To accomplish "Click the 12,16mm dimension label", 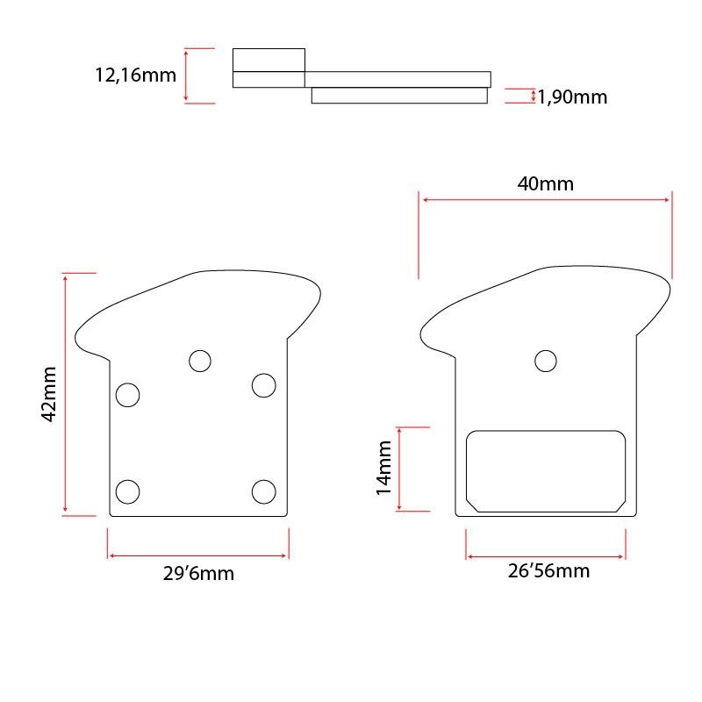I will (x=135, y=75).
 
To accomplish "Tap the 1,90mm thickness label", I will (x=572, y=97).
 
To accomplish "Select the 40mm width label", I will (x=546, y=183).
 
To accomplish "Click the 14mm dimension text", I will (x=383, y=469).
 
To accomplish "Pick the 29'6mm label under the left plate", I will (x=198, y=575).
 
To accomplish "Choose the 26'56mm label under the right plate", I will (x=548, y=571).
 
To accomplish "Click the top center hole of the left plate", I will (x=200, y=361).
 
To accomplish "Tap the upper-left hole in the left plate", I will (x=128, y=395).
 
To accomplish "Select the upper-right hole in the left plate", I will (x=263, y=384).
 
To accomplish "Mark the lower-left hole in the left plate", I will (x=128, y=491).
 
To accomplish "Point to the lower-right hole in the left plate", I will (x=263, y=491).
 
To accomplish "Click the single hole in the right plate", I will (x=546, y=361).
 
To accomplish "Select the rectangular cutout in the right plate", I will (x=546, y=470).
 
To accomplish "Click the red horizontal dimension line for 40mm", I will (x=546, y=200).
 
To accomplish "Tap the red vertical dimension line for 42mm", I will (x=66, y=395).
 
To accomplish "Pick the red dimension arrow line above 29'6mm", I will (x=198, y=555).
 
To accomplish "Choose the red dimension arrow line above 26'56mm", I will (x=546, y=556).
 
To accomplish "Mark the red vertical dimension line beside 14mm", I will (x=399, y=469).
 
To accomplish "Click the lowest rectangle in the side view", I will (x=399, y=95).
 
